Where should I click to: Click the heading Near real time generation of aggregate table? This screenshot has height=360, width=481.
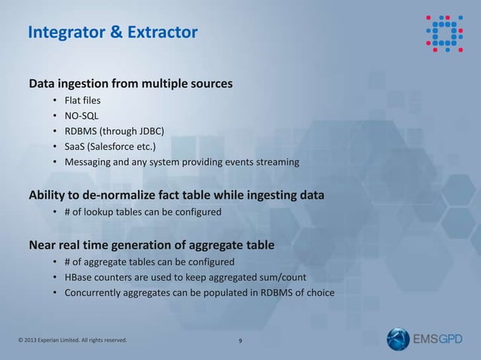tap(151, 245)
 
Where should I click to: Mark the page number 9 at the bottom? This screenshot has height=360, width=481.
tap(240, 341)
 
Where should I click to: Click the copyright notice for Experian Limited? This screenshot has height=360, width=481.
tap(72, 340)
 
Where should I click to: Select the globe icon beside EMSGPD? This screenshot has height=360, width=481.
tap(398, 339)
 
